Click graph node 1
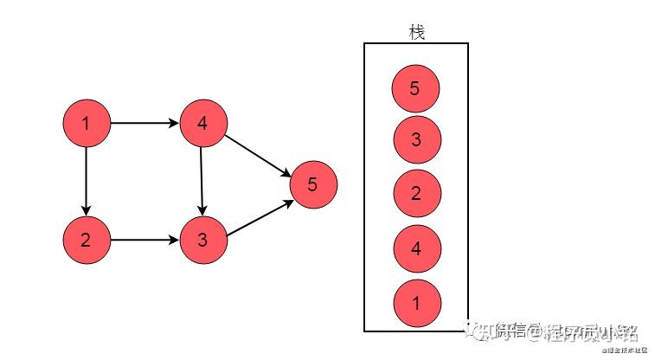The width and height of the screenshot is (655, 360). (x=86, y=124)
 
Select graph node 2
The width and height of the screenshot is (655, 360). (x=86, y=240)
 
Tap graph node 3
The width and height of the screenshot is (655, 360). (x=202, y=240)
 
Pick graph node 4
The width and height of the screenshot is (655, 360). (x=202, y=124)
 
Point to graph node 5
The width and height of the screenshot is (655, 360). (x=312, y=183)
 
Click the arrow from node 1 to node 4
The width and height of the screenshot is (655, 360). (x=144, y=124)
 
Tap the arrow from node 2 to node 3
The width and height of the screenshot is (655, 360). (x=144, y=240)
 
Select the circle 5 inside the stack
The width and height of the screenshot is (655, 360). (x=415, y=87)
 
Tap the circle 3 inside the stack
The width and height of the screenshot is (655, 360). (x=415, y=140)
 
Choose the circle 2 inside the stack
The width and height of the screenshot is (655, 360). (x=415, y=194)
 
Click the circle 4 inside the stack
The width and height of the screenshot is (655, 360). (x=415, y=249)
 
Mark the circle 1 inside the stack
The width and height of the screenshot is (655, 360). (x=415, y=302)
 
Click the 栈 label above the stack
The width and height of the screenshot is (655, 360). (x=416, y=32)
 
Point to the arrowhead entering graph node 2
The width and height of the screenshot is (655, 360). (x=86, y=210)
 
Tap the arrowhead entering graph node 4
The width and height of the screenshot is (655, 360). (x=173, y=124)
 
